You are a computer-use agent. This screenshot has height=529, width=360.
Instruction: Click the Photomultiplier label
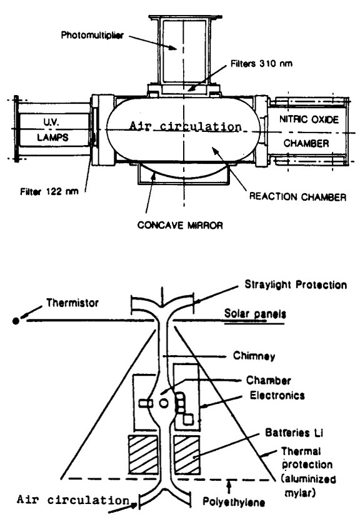click(x=92, y=35)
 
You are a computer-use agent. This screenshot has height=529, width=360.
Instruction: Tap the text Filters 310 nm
click(x=261, y=63)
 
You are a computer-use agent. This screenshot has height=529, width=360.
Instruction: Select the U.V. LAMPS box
click(x=54, y=130)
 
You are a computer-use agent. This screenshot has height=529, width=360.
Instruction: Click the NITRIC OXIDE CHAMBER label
click(x=308, y=131)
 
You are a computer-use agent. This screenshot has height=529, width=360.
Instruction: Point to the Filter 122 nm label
click(x=49, y=191)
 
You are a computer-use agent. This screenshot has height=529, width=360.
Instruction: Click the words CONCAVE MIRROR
click(x=180, y=225)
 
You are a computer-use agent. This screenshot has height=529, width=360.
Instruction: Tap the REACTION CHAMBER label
click(x=297, y=197)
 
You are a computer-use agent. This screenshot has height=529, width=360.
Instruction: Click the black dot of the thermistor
click(x=16, y=321)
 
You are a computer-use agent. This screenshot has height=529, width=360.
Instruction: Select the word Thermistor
click(x=72, y=303)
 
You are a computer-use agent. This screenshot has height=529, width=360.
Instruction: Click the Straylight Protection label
click(x=296, y=285)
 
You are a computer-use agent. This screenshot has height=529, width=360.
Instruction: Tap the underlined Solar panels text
click(x=255, y=314)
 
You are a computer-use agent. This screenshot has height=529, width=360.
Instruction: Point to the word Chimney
click(x=254, y=356)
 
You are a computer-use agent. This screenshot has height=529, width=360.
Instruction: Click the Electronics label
click(x=277, y=395)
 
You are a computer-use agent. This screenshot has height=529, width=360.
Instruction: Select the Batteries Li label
click(x=294, y=433)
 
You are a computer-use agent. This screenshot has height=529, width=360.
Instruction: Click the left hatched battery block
click(x=143, y=454)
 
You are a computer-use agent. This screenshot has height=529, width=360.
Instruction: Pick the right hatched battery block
click(x=186, y=454)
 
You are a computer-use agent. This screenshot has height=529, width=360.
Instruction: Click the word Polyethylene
click(x=234, y=501)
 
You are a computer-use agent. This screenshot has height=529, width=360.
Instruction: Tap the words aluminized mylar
click(x=308, y=486)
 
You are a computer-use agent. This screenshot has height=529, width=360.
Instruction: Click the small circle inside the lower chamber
click(x=164, y=403)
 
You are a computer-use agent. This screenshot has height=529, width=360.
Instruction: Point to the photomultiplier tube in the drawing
click(x=184, y=51)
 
